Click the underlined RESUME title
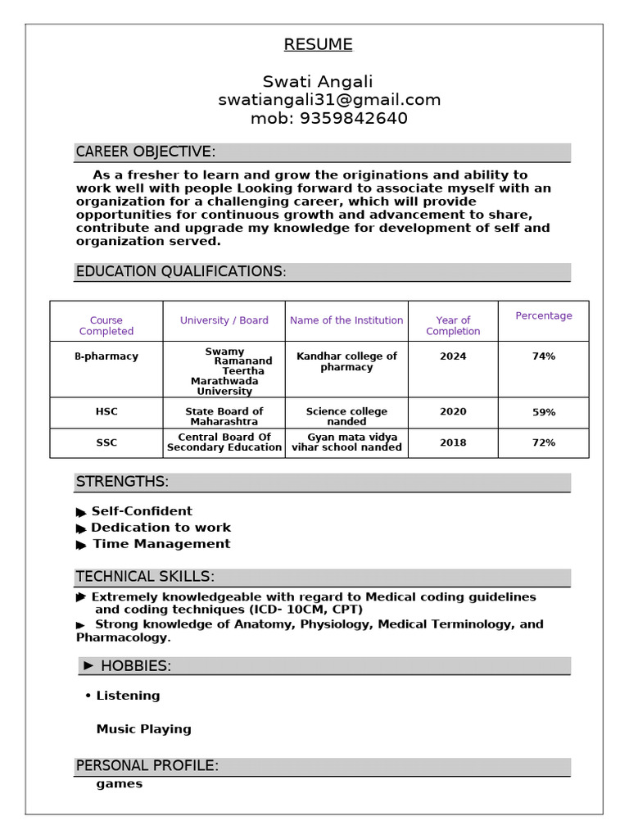pyautogui.click(x=318, y=45)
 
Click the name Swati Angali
pyautogui.click(x=318, y=82)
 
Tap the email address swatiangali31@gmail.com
pyautogui.click(x=329, y=100)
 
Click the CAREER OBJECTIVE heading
pyautogui.click(x=146, y=152)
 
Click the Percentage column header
pyautogui.click(x=544, y=316)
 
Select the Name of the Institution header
pyautogui.click(x=346, y=320)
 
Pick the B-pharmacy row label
pyautogui.click(x=106, y=356)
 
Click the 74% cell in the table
pyautogui.click(x=544, y=356)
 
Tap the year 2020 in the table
pyautogui.click(x=453, y=412)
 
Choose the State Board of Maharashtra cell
pyautogui.click(x=224, y=416)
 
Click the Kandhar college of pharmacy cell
pyautogui.click(x=346, y=361)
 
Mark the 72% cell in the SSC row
pyautogui.click(x=544, y=442)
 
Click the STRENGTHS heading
pyautogui.click(x=122, y=482)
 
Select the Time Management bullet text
pyautogui.click(x=161, y=544)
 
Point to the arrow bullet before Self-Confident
pyautogui.click(x=81, y=512)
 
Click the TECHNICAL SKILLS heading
pyautogui.click(x=145, y=577)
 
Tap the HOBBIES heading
pyautogui.click(x=135, y=666)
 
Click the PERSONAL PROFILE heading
pyautogui.click(x=147, y=766)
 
